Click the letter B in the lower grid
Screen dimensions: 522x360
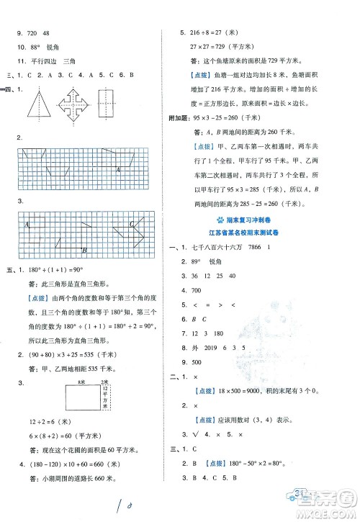point(84,249)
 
